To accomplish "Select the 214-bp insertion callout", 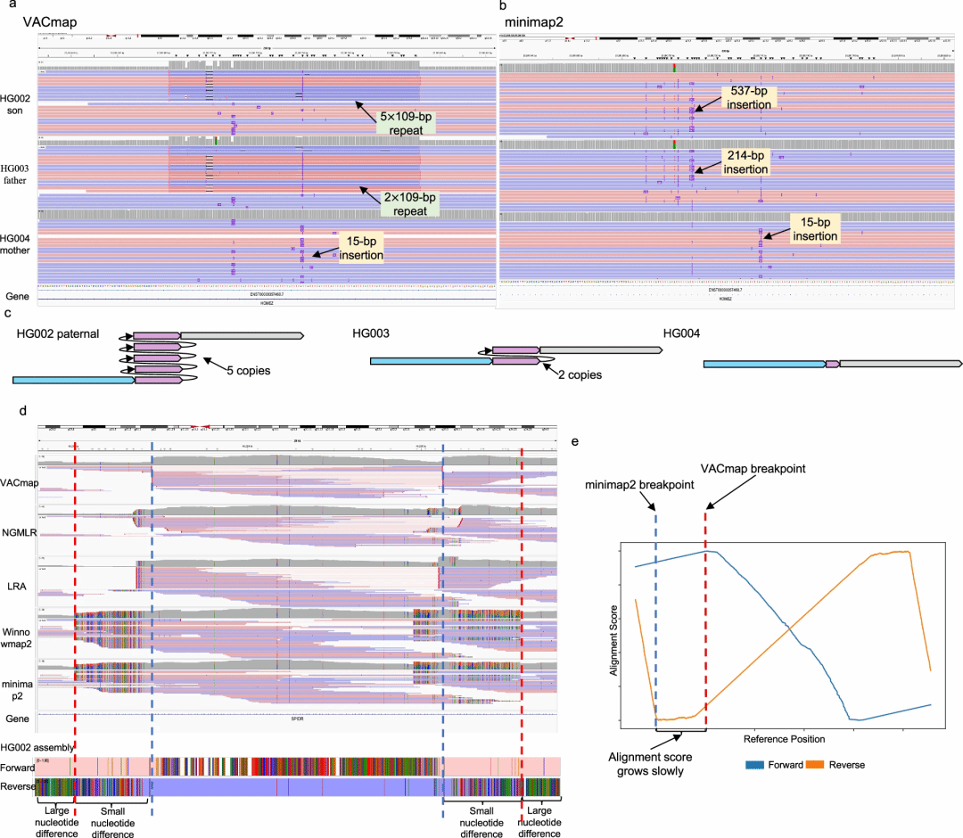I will point(745,161).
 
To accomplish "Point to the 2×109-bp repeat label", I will point(414,204).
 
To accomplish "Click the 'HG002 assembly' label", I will point(37,746).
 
